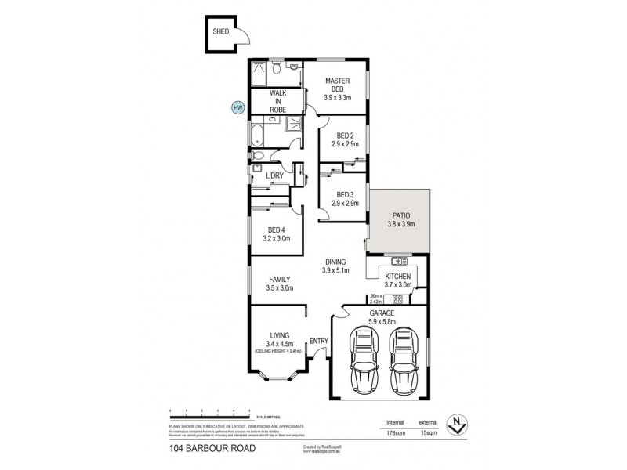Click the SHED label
[x=221, y=32]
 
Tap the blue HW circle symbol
[x=237, y=108]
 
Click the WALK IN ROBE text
[x=277, y=101]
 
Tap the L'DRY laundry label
[x=274, y=175]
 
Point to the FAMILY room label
[x=280, y=279]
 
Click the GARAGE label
[x=382, y=313]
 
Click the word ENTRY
[x=319, y=341]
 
